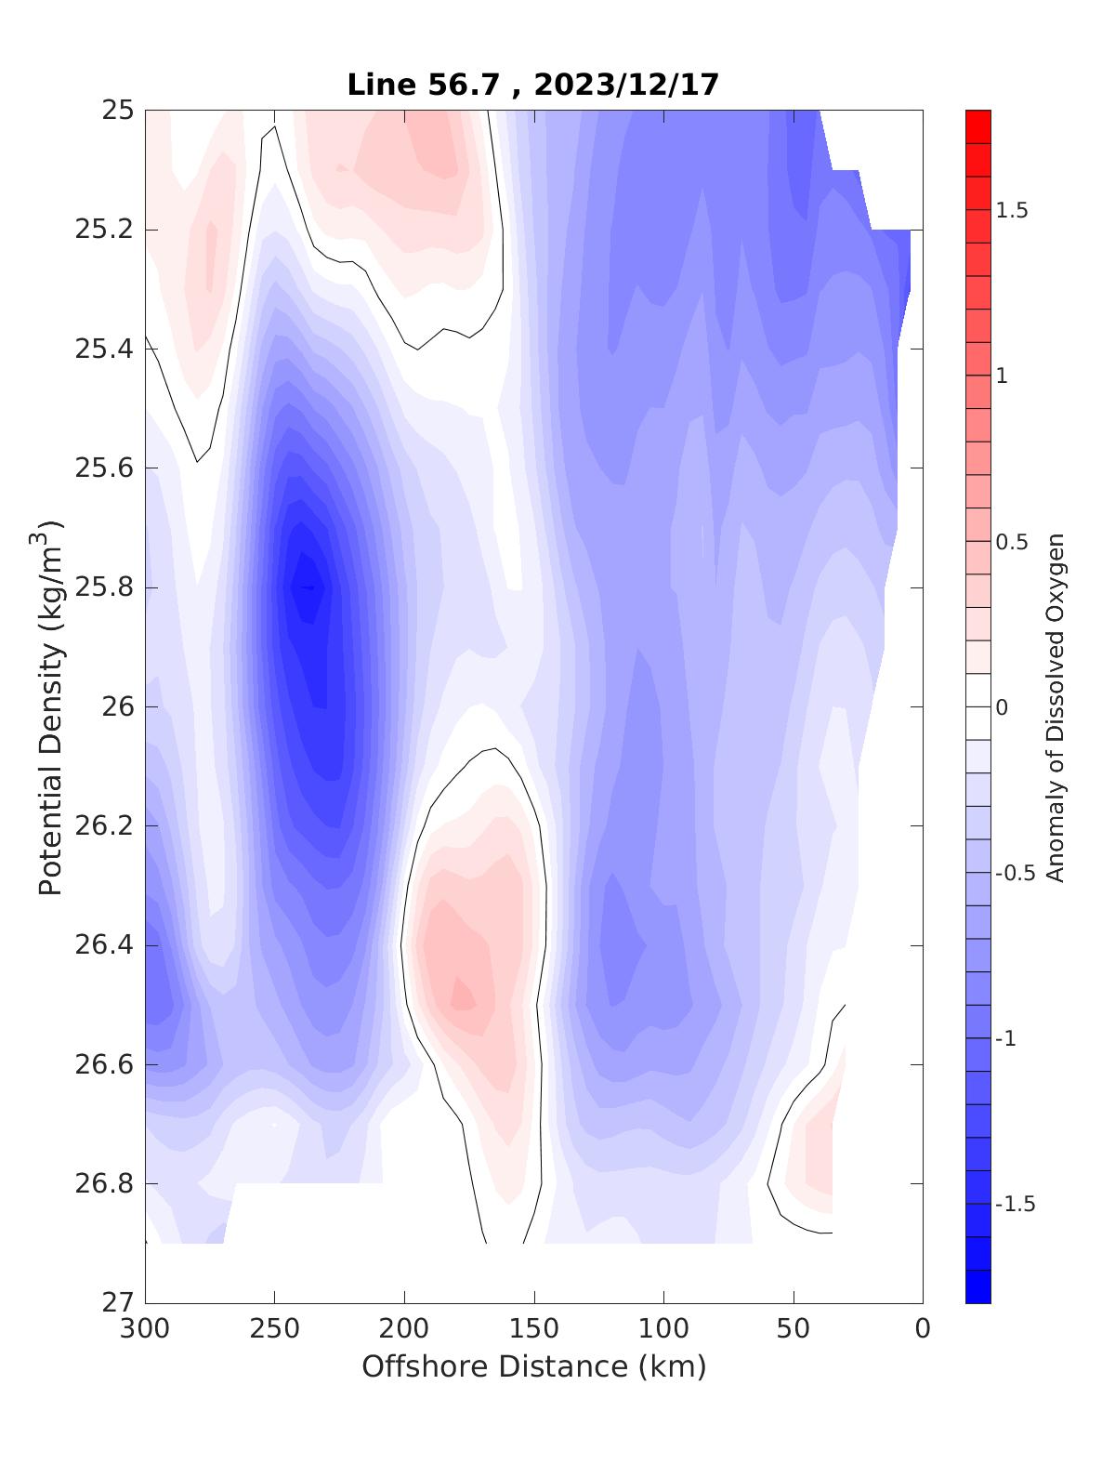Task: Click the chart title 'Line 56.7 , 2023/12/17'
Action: tap(532, 85)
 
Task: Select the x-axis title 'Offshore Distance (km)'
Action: tap(533, 1366)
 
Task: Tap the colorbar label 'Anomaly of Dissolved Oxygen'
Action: tap(1054, 706)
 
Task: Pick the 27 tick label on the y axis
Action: tap(118, 1302)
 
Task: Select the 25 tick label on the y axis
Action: tap(118, 111)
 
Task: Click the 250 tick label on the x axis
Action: tap(275, 1329)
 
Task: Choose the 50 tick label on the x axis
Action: tap(794, 1329)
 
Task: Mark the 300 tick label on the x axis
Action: tap(146, 1329)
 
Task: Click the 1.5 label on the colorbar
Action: tap(1011, 210)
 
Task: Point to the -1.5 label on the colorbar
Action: tap(1014, 1204)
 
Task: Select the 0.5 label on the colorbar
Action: tap(1011, 542)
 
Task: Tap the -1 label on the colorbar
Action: tap(1006, 1038)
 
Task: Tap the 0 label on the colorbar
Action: tap(1001, 707)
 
